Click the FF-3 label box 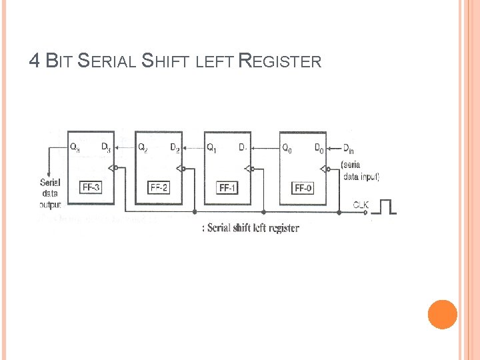tap(91, 187)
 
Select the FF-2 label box tap(159, 187)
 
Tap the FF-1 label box tap(228, 187)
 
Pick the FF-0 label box tap(303, 187)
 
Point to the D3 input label tap(106, 147)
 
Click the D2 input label tap(175, 147)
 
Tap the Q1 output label tap(211, 147)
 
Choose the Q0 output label tap(287, 147)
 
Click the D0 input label tap(319, 147)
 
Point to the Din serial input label tap(349, 148)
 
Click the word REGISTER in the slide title tap(280, 62)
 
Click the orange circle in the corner tap(442, 314)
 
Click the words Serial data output tap(51, 193)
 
